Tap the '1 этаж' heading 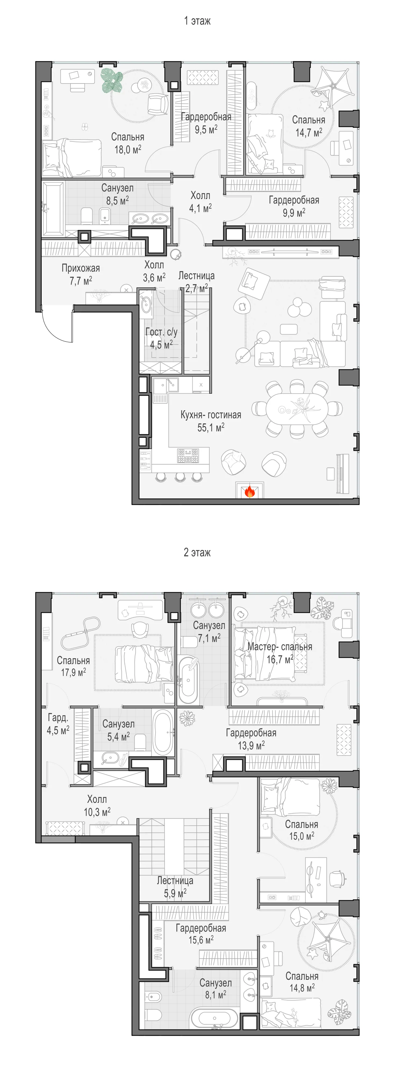point(197,21)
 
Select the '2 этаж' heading point(197,552)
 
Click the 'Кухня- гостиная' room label point(211,415)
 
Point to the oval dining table point(297,409)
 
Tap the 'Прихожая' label point(81,268)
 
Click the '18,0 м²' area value point(128,150)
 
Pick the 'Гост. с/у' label point(161,332)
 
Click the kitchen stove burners point(188,455)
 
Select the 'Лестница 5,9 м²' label point(175,887)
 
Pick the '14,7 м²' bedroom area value point(309,132)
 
